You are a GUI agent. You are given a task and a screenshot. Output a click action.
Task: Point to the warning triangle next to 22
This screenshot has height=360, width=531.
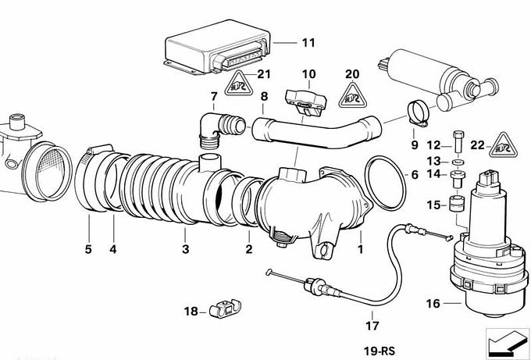pos(504,143)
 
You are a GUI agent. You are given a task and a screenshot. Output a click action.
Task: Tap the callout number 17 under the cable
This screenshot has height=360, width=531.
pos(372,325)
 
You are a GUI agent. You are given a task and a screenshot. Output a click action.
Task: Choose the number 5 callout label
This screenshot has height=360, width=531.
pos(88,249)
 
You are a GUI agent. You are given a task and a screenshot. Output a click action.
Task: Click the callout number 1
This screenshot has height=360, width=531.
pos(361,249)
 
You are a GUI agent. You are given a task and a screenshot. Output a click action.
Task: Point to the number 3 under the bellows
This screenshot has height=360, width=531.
pos(185,249)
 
